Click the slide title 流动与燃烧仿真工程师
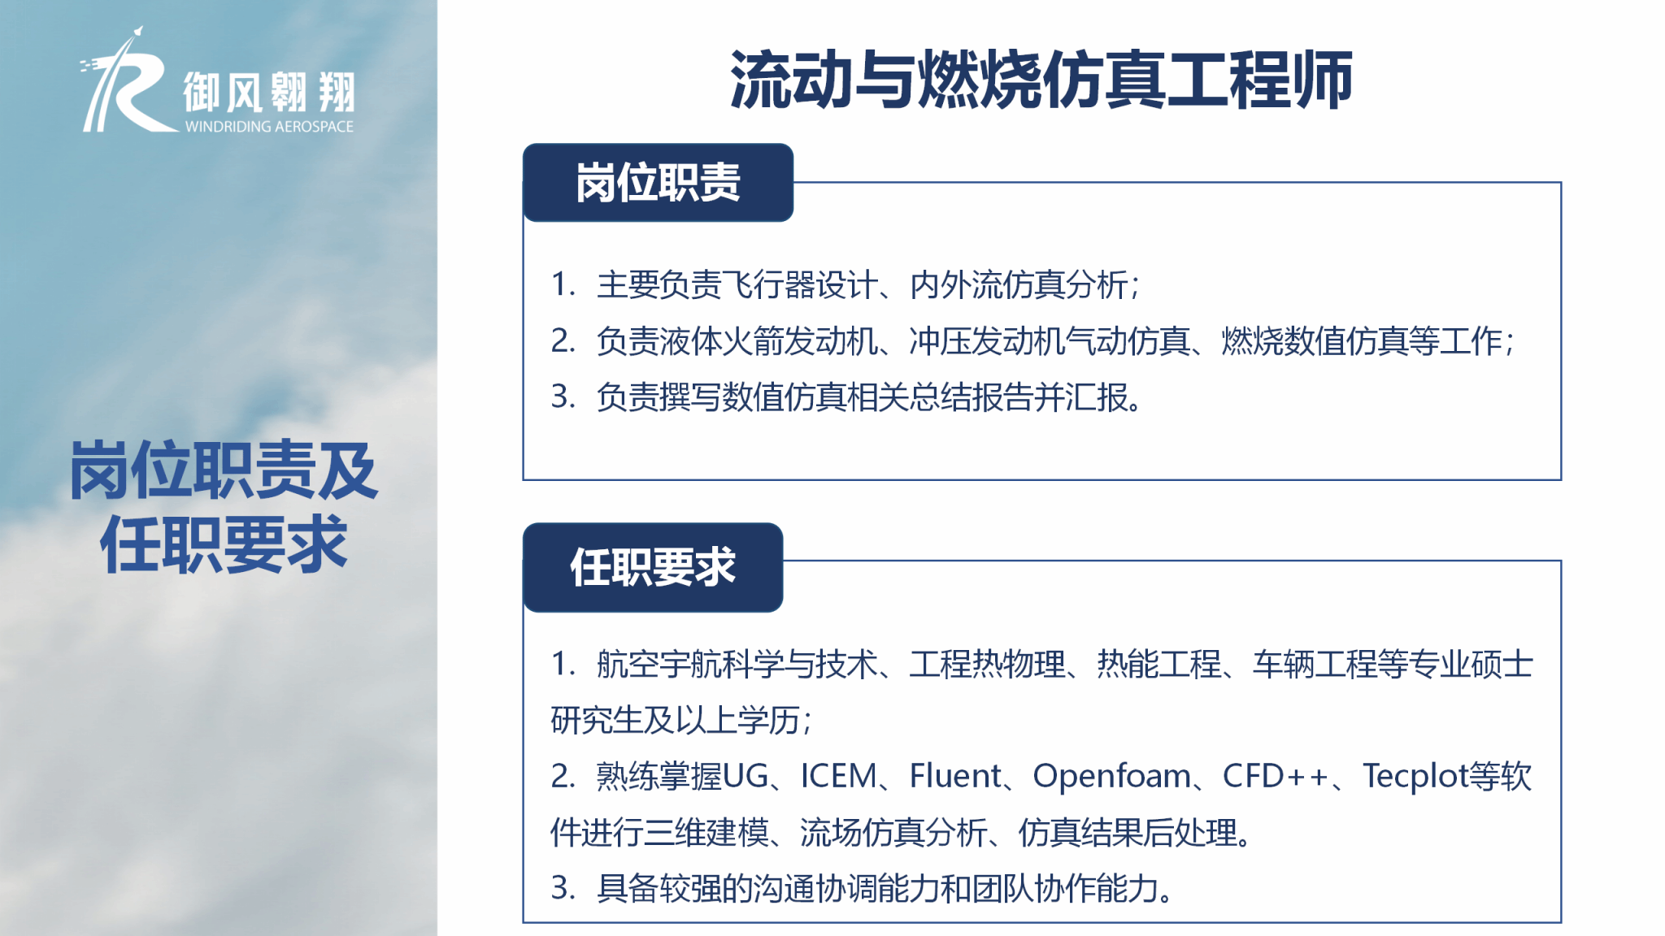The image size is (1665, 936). (1041, 79)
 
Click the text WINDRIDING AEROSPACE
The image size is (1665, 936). (269, 127)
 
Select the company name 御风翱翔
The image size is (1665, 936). (269, 91)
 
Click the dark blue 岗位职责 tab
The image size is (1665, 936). (658, 183)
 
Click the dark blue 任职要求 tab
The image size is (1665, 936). (653, 567)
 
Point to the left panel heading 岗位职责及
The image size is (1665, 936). (224, 470)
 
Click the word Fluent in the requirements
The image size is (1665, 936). (955, 776)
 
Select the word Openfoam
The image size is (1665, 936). (1111, 777)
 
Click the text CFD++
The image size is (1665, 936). (1275, 776)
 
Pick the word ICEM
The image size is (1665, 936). (839, 776)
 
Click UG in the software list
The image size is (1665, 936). (746, 776)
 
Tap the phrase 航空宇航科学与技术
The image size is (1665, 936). (737, 665)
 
